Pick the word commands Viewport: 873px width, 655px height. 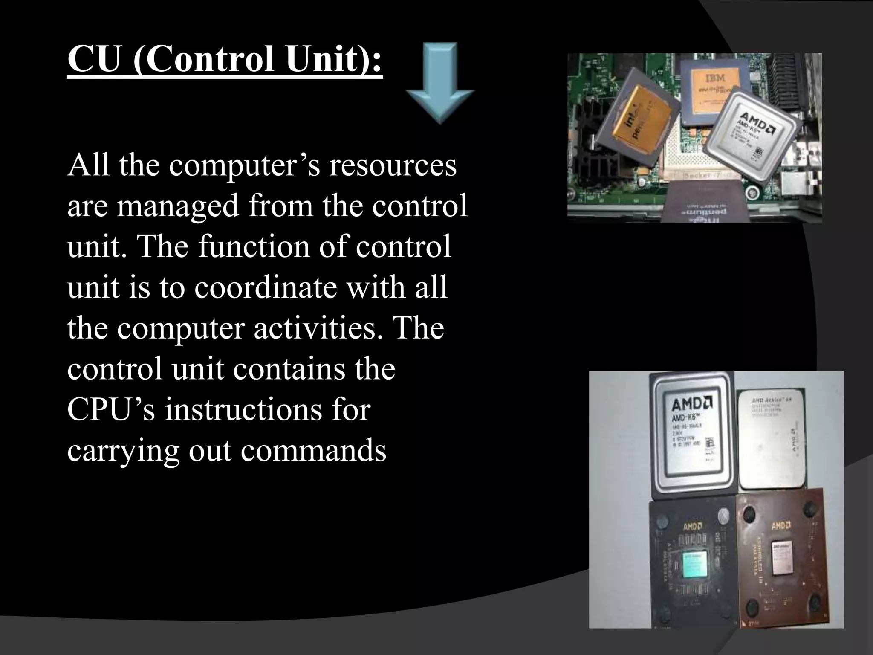coord(313,450)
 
